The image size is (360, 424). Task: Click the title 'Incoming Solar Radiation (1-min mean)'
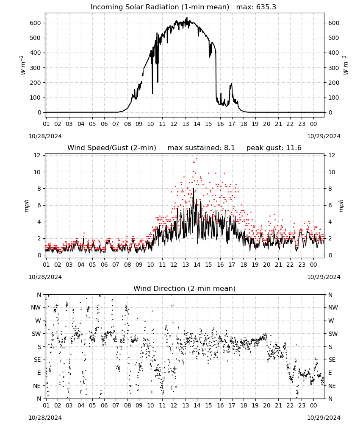[160, 7]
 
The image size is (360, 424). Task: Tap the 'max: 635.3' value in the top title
[256, 7]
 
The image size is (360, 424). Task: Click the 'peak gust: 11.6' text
[274, 148]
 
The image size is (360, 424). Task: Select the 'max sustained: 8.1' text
[201, 148]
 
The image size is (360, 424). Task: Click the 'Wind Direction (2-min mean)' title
[185, 288]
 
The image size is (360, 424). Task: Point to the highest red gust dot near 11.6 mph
[197, 159]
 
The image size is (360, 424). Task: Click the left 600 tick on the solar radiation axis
[36, 23]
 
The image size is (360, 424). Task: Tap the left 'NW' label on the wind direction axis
[36, 307]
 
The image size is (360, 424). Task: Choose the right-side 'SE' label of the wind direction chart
[332, 360]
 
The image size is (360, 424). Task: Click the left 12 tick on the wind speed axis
[37, 155]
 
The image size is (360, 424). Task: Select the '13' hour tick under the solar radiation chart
[186, 124]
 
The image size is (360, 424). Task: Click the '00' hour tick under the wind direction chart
[313, 405]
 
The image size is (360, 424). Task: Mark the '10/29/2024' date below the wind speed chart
[324, 277]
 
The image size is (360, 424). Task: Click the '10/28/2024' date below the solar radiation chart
[45, 136]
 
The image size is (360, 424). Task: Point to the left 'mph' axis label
[26, 206]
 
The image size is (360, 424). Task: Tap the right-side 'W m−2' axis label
[346, 65]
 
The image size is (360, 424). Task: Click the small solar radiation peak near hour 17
[231, 84]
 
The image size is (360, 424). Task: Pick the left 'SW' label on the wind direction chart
[36, 334]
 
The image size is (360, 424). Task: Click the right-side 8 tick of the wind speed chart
[330, 189]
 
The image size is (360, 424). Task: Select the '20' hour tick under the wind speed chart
[267, 265]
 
